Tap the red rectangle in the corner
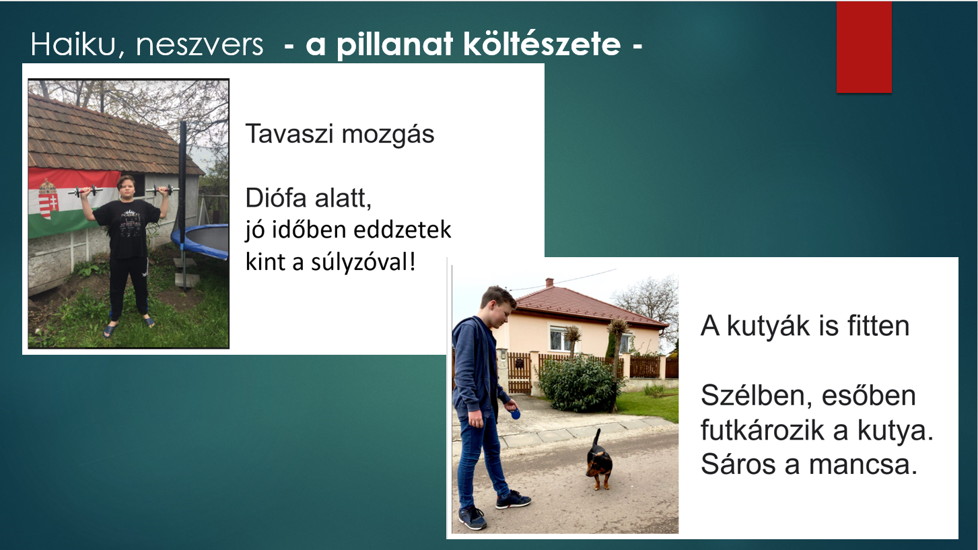(x=864, y=46)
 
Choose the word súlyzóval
(x=363, y=261)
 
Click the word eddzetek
(x=407, y=230)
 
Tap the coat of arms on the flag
(x=48, y=199)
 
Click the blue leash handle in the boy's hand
(x=515, y=413)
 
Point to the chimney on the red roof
(x=550, y=283)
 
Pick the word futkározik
(x=764, y=430)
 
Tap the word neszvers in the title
(x=199, y=45)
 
